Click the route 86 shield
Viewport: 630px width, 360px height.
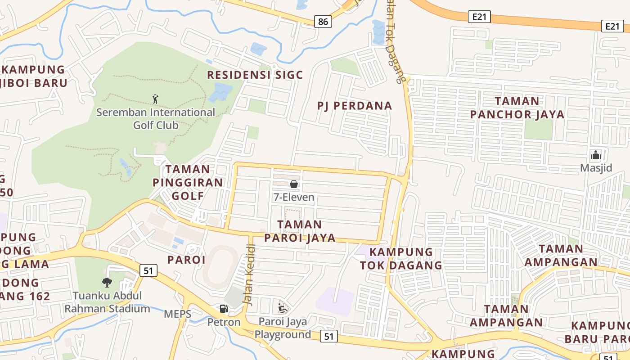click(323, 21)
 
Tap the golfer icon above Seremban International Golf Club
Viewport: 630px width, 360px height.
click(155, 99)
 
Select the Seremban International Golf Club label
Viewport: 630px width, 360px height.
click(156, 118)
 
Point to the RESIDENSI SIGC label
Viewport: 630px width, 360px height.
click(255, 75)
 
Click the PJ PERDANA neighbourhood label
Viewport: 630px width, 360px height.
click(355, 106)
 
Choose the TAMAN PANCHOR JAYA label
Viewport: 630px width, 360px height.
click(517, 108)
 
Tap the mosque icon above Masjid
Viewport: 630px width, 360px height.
click(596, 155)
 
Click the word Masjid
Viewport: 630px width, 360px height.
click(596, 168)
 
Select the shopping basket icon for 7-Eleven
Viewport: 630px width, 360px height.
click(294, 184)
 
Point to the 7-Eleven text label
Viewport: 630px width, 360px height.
click(294, 197)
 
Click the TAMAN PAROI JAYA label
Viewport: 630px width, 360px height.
click(300, 231)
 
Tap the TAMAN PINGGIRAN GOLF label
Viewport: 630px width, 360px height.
click(188, 182)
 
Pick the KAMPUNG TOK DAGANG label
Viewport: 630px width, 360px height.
click(401, 258)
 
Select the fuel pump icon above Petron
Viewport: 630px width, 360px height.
click(223, 309)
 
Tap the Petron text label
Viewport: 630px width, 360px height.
click(224, 322)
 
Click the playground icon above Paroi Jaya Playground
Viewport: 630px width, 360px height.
click(282, 308)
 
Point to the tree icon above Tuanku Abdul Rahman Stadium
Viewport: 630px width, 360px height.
click(107, 282)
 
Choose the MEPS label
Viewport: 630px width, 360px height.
click(177, 314)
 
